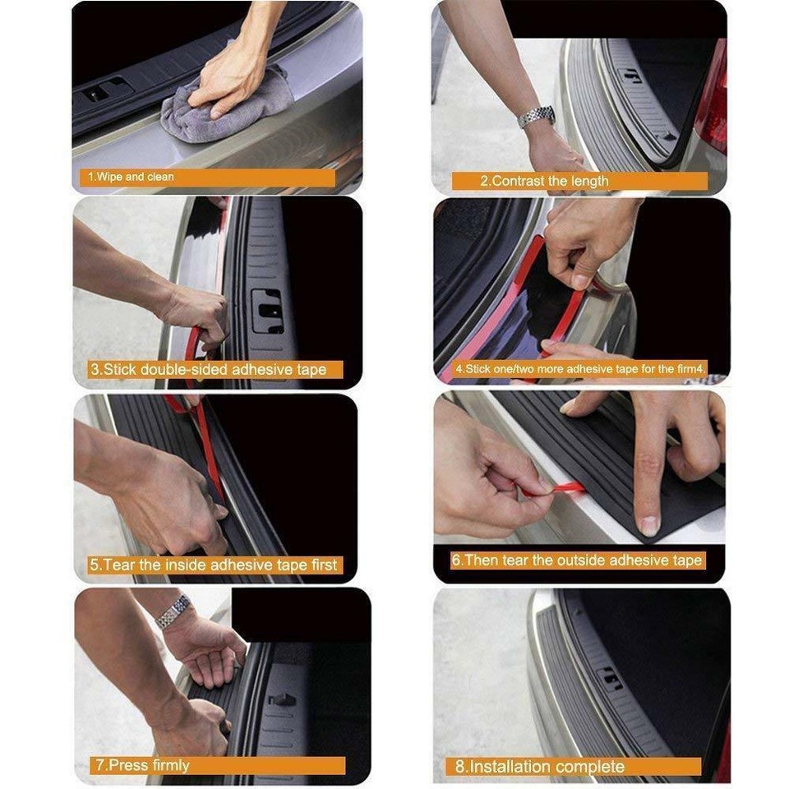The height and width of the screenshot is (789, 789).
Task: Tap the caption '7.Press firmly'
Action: coord(141,765)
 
